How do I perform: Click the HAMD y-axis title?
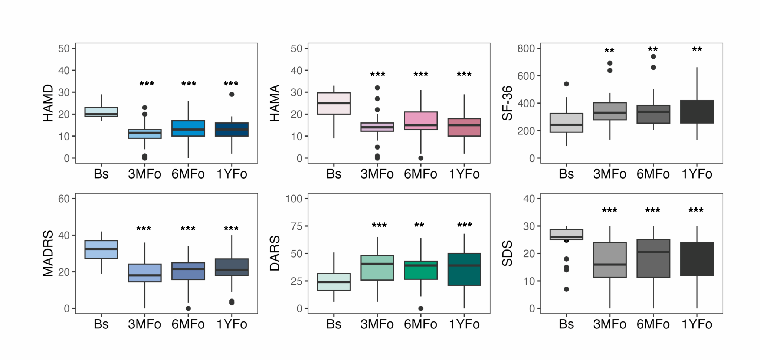(48, 103)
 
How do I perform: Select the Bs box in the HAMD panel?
(101, 112)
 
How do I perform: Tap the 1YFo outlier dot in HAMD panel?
(232, 94)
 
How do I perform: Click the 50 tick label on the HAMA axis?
(297, 49)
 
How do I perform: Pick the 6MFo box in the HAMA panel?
(421, 121)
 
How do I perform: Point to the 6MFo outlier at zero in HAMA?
(421, 158)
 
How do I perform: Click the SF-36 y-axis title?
(507, 103)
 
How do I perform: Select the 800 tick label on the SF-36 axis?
(526, 49)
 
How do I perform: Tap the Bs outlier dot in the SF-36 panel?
(566, 84)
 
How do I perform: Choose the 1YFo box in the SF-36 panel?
(697, 112)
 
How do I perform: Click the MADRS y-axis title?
(48, 253)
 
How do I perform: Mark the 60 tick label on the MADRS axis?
(64, 199)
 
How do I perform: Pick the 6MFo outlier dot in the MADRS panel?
(188, 308)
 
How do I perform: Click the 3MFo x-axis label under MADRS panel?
(144, 324)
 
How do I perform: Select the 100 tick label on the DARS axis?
(294, 199)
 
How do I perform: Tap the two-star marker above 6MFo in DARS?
(419, 225)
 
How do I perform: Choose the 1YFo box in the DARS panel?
(464, 269)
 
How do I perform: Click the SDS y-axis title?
(507, 253)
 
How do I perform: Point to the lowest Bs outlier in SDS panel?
(566, 289)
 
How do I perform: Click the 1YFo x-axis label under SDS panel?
(697, 324)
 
